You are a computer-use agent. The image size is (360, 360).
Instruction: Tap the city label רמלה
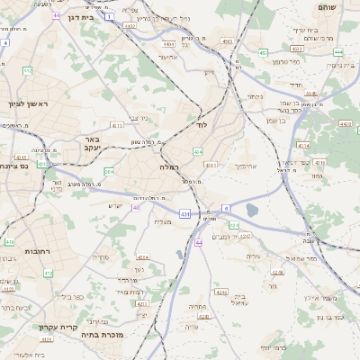click(169, 167)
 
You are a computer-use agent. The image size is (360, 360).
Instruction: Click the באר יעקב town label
click(93, 144)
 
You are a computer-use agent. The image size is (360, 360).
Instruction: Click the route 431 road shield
click(184, 214)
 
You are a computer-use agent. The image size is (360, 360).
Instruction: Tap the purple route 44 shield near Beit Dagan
click(58, 15)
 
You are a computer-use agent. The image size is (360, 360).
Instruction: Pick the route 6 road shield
click(226, 208)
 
